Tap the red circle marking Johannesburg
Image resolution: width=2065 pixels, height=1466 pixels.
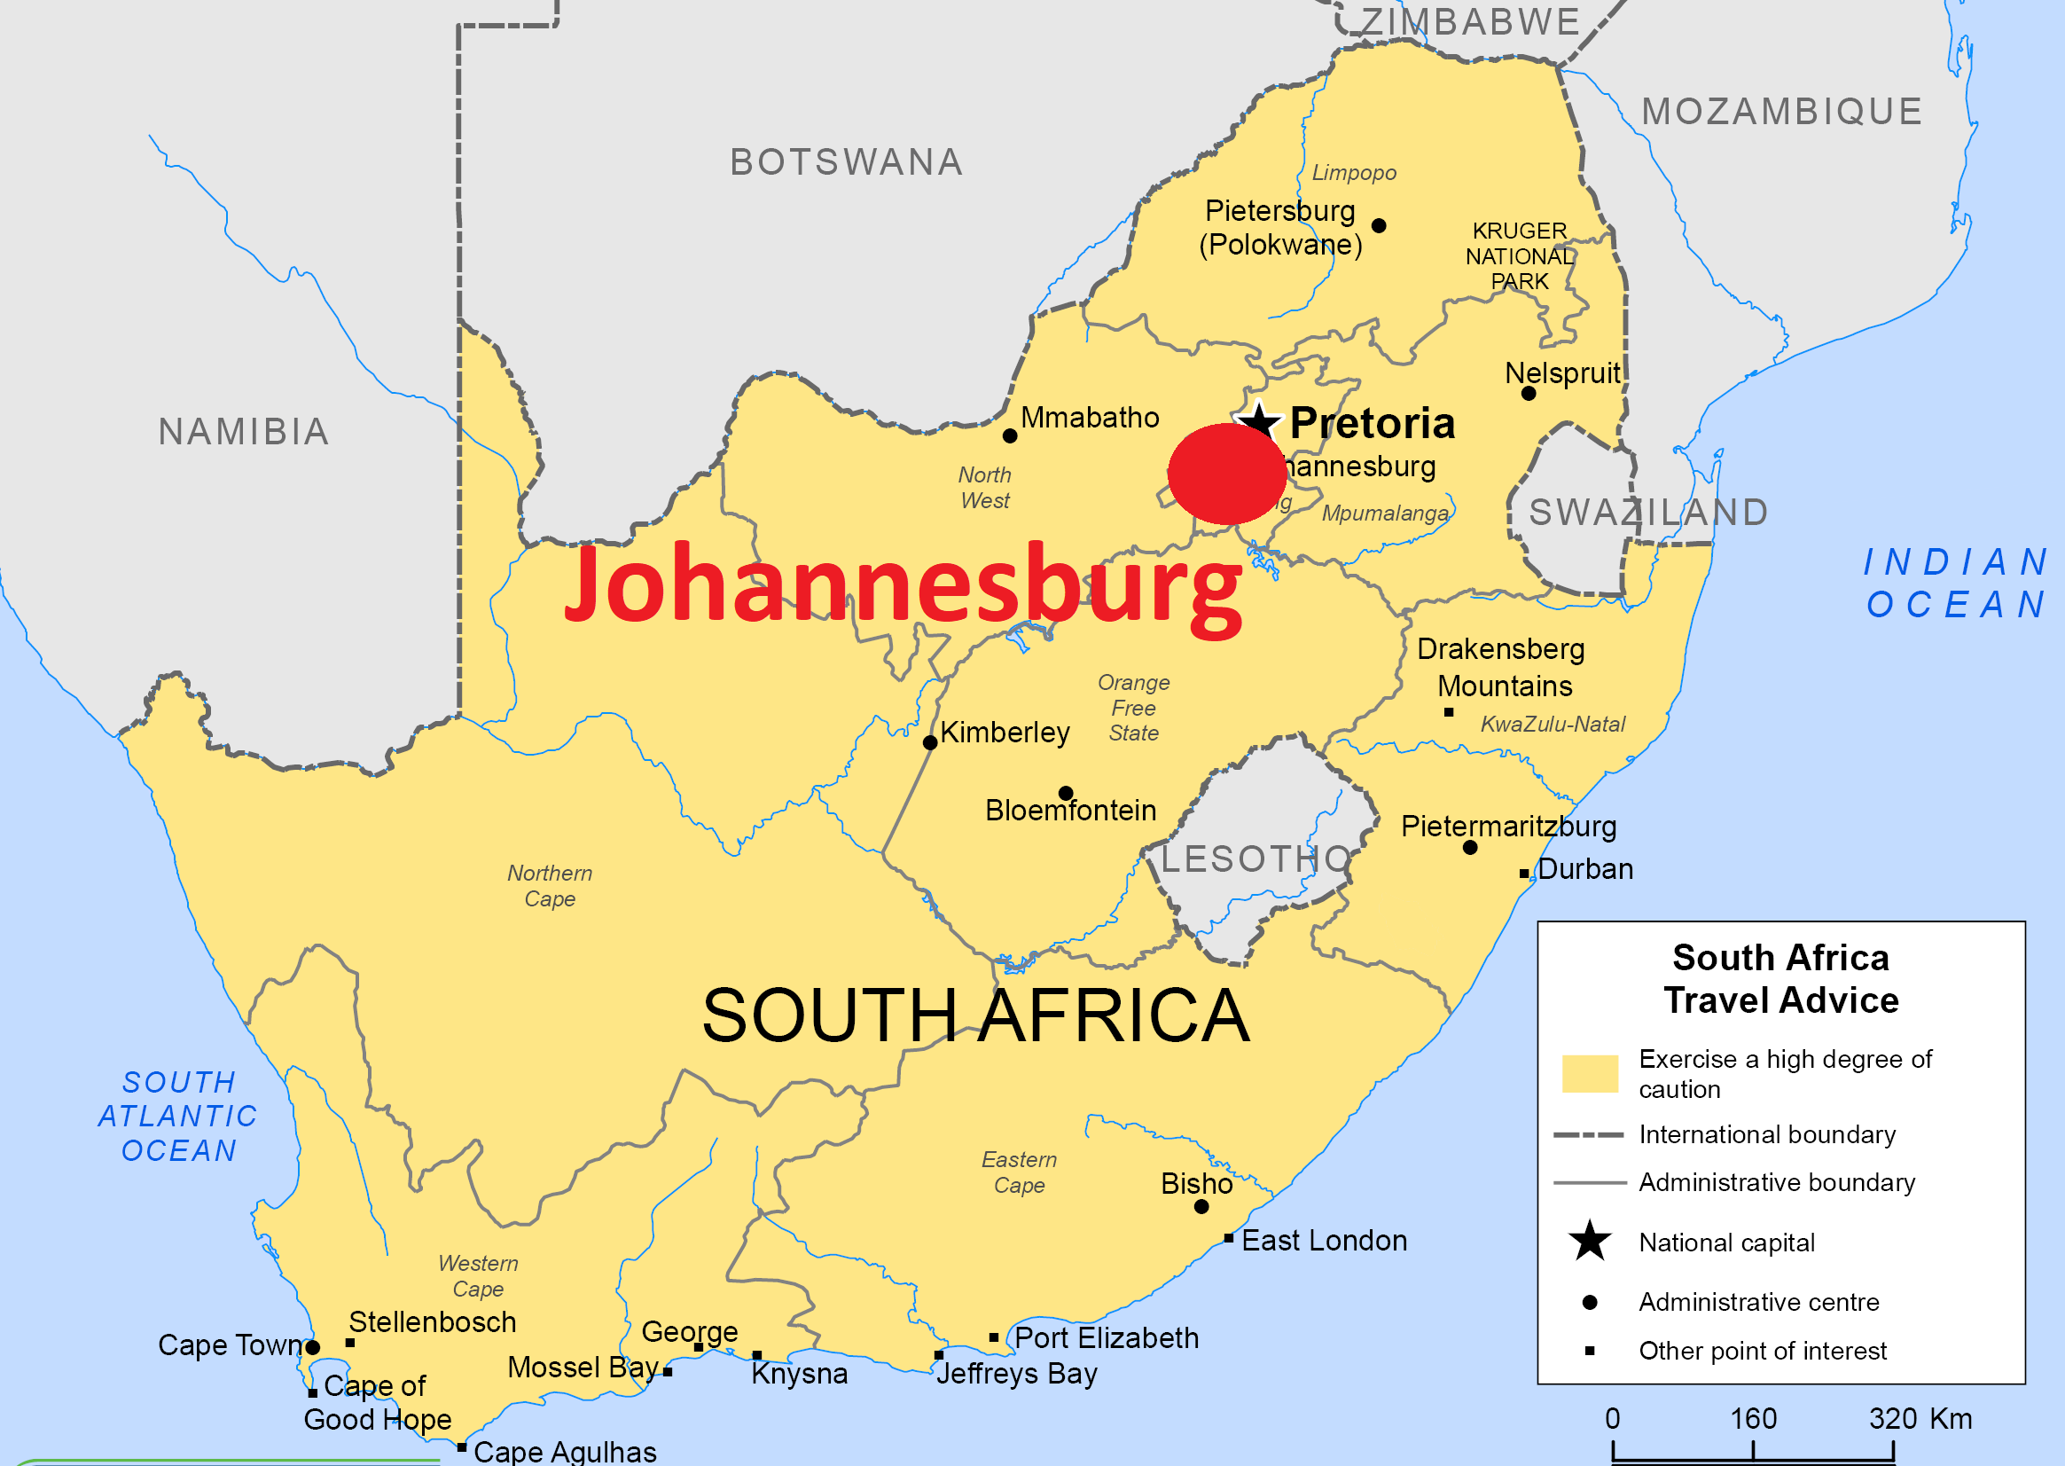[x=1226, y=474]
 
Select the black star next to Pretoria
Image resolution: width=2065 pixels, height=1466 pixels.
[x=1259, y=419]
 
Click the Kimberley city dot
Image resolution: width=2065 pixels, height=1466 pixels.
[x=929, y=743]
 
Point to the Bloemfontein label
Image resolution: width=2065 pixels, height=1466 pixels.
[x=1070, y=811]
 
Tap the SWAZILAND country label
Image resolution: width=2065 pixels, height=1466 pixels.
[x=1648, y=513]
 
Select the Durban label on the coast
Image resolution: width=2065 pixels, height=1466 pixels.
[x=1584, y=869]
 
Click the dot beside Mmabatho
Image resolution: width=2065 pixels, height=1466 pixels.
[x=1010, y=436]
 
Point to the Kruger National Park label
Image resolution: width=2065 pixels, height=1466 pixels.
[x=1520, y=256]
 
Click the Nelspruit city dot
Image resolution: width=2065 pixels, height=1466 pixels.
[x=1528, y=394]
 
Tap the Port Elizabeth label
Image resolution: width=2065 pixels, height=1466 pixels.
[x=1107, y=1337]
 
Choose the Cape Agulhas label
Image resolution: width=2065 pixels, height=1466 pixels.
[x=565, y=1452]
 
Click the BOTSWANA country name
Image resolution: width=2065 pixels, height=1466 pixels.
[x=847, y=162]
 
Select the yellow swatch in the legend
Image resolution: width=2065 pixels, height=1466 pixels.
[x=1591, y=1073]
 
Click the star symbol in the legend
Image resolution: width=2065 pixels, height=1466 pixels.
[x=1590, y=1242]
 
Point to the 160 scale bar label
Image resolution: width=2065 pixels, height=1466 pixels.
[x=1753, y=1418]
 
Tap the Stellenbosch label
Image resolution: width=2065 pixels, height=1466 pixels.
[x=433, y=1322]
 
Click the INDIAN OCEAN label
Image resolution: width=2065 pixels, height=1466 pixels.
[x=1955, y=584]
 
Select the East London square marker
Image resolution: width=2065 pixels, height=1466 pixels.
[x=1228, y=1238]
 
